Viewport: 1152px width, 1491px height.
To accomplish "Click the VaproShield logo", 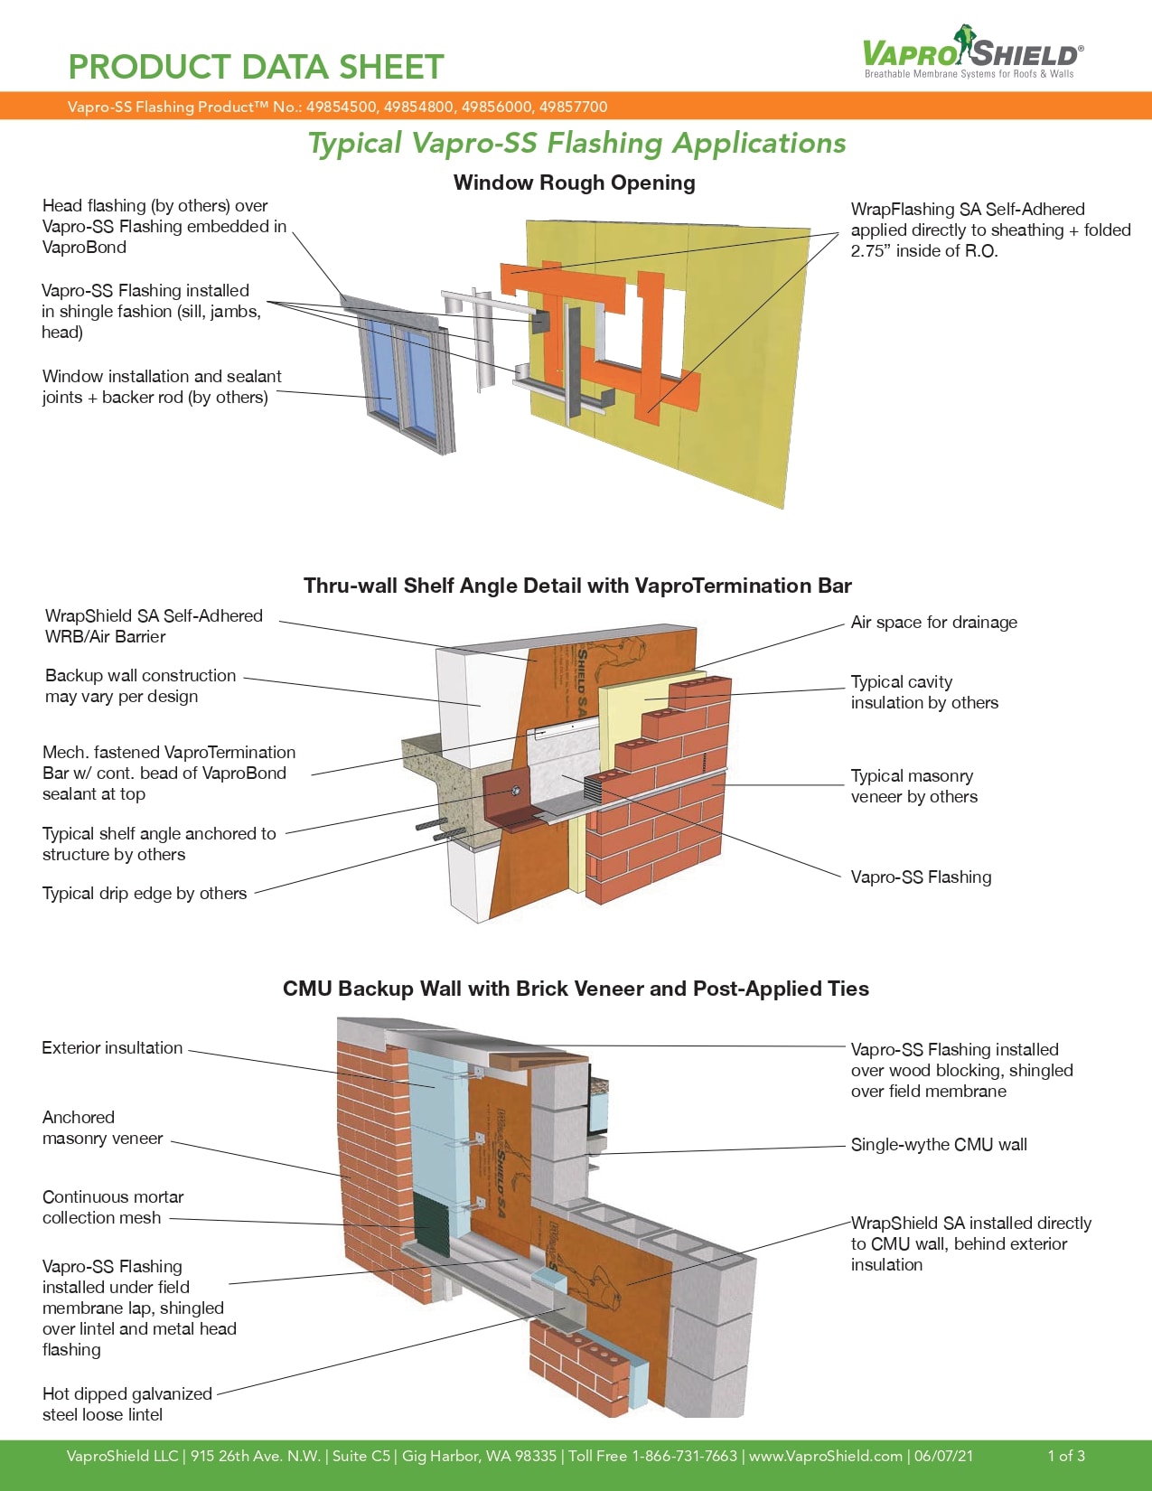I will pos(972,53).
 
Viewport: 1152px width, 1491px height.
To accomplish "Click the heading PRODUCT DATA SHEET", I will pos(256,68).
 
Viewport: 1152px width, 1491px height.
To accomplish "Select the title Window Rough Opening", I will pos(574,183).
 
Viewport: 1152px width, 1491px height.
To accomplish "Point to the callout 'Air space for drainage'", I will pos(933,622).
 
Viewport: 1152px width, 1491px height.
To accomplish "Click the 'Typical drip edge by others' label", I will pos(145,893).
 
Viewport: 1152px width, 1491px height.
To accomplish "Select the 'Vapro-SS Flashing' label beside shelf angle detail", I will pos(921,877).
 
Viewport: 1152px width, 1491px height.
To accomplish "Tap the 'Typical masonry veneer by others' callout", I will pos(913,786).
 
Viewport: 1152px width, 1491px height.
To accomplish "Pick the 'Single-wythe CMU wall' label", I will pos(939,1144).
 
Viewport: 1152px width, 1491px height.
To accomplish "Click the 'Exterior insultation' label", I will pos(112,1047).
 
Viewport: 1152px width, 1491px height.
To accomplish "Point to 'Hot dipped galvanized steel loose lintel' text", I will pos(126,1404).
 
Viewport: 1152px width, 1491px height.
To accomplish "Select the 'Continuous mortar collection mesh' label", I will pos(113,1207).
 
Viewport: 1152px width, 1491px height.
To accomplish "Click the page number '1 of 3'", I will pos(1066,1456).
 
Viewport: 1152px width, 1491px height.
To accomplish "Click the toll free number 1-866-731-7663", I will pos(684,1456).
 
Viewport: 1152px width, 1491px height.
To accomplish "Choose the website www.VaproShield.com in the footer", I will pos(826,1456).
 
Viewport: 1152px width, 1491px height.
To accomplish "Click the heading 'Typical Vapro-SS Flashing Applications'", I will pos(576,143).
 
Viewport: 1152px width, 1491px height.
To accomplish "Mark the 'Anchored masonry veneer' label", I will pos(102,1128).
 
